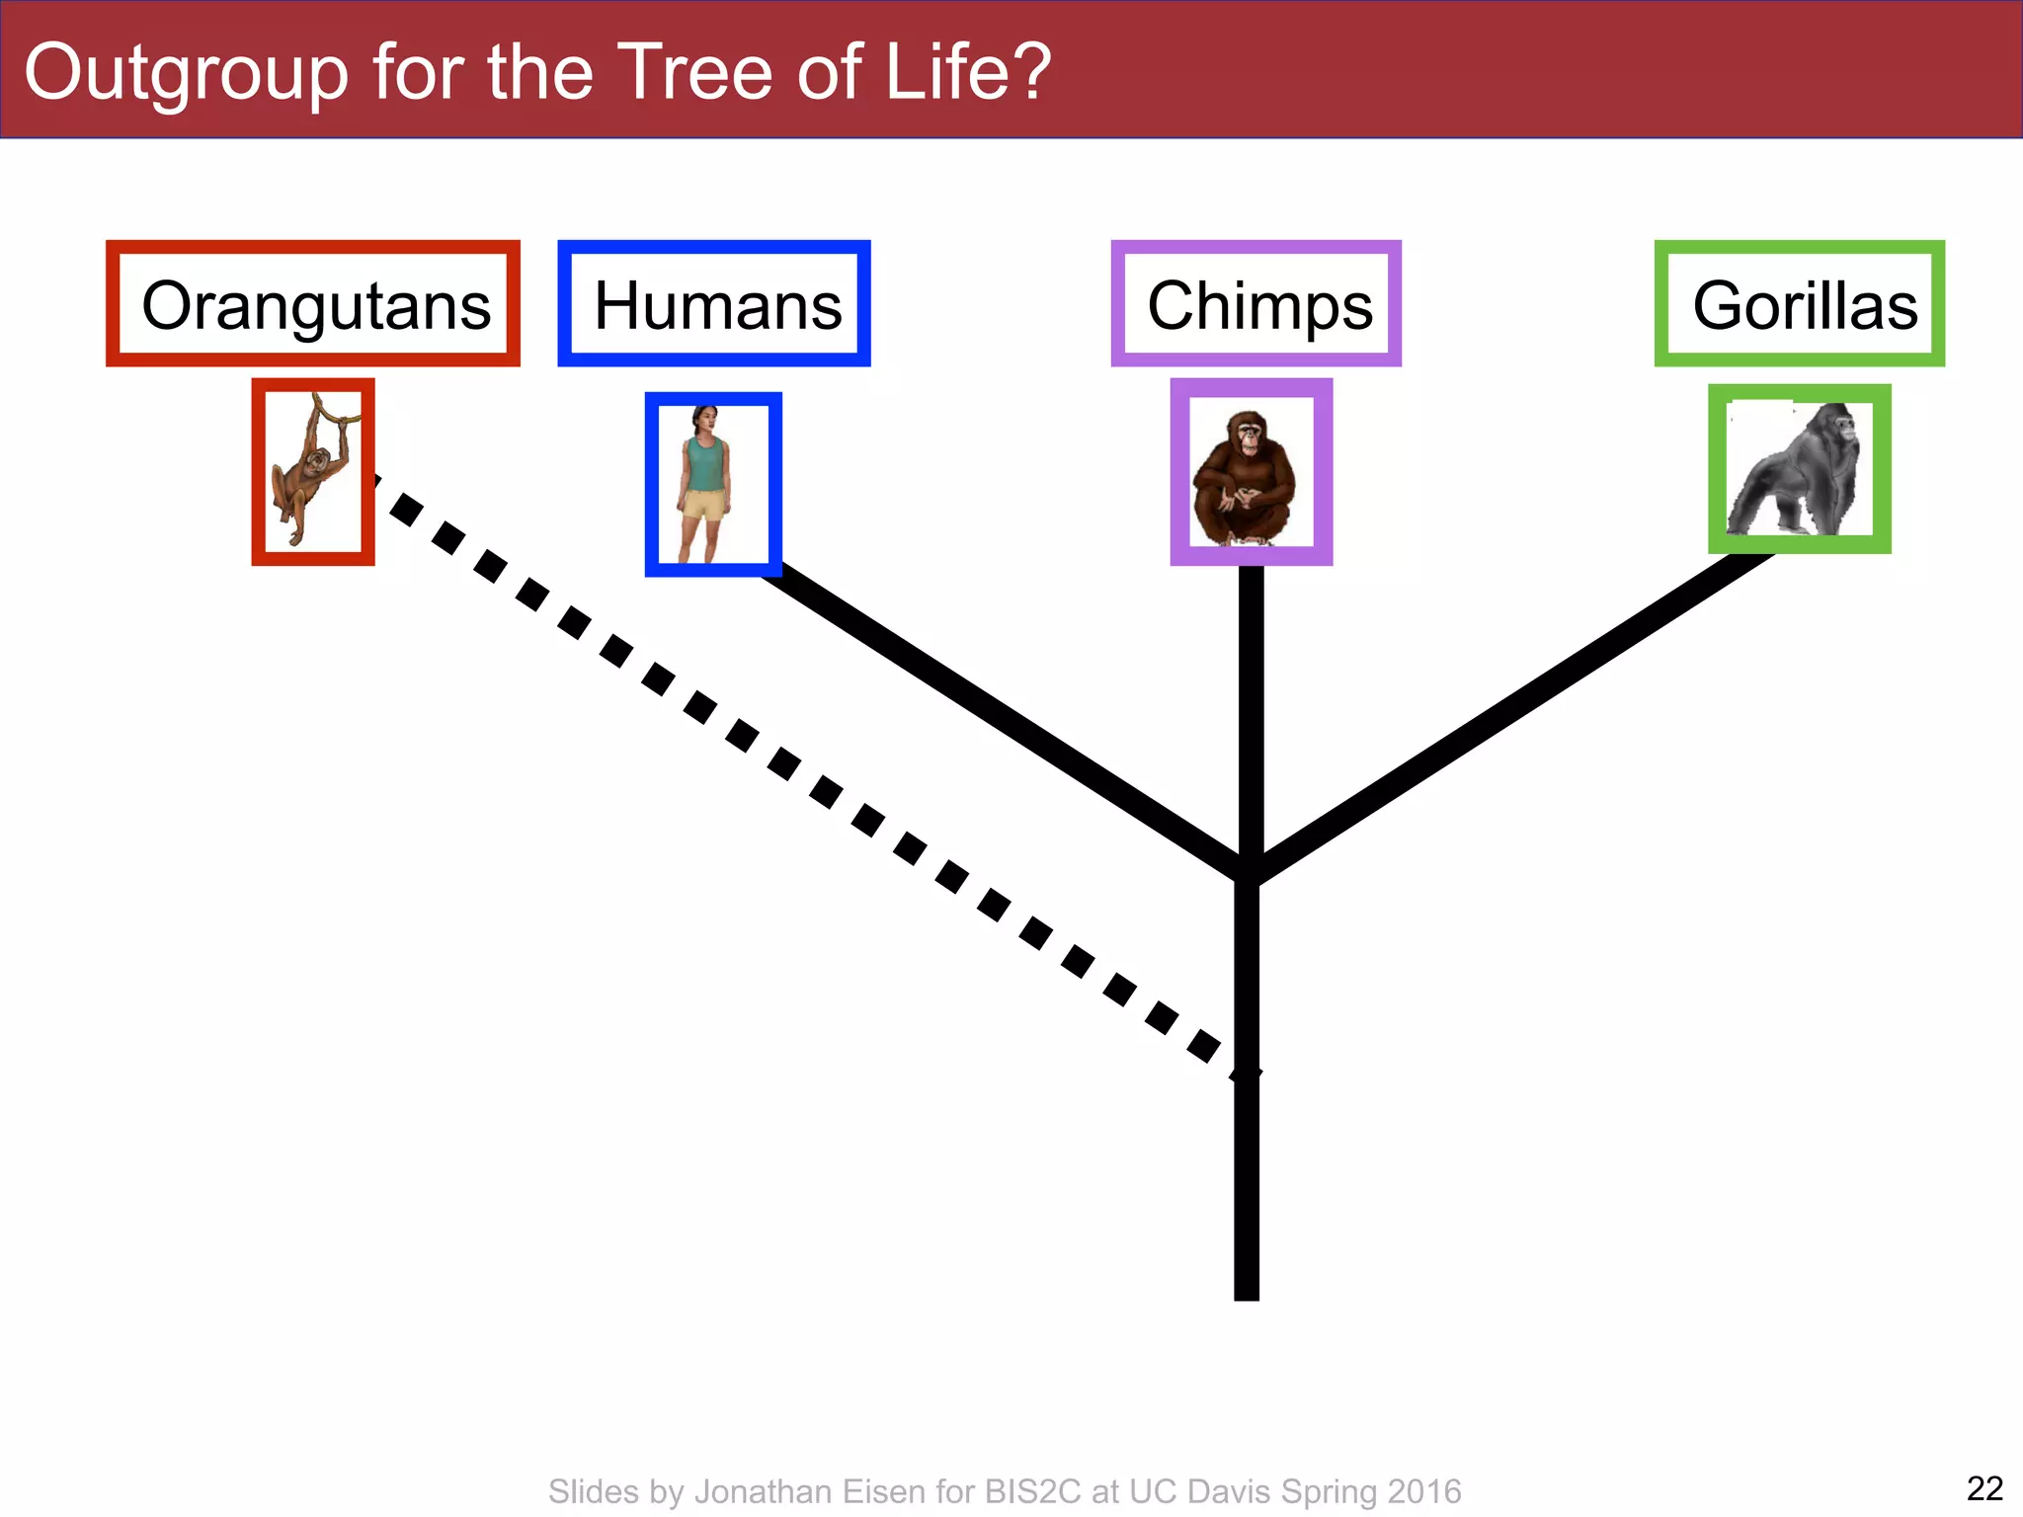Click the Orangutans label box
[x=313, y=304]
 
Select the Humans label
[x=714, y=304]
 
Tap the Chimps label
[x=1256, y=304]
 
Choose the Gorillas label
[x=1800, y=304]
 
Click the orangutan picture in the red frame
[x=313, y=472]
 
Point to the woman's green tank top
[x=705, y=464]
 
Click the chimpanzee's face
[x=1251, y=436]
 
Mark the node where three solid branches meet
[x=1249, y=869]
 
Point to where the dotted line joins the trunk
[x=1247, y=1072]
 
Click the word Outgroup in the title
[x=187, y=73]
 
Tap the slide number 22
[x=1984, y=1488]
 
